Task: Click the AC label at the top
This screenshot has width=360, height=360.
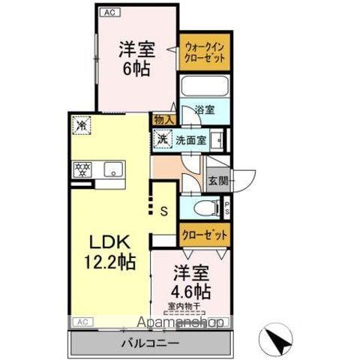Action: [108, 13]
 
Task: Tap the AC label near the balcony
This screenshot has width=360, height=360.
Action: [82, 321]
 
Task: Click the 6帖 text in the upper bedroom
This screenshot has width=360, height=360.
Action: [136, 69]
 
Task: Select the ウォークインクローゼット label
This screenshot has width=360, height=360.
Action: [204, 53]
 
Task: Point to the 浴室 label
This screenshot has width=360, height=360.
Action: [205, 110]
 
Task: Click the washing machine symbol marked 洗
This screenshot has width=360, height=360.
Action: [162, 139]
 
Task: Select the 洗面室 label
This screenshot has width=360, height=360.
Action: [190, 139]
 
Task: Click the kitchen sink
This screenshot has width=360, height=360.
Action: [113, 169]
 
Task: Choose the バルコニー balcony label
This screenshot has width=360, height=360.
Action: [150, 343]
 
